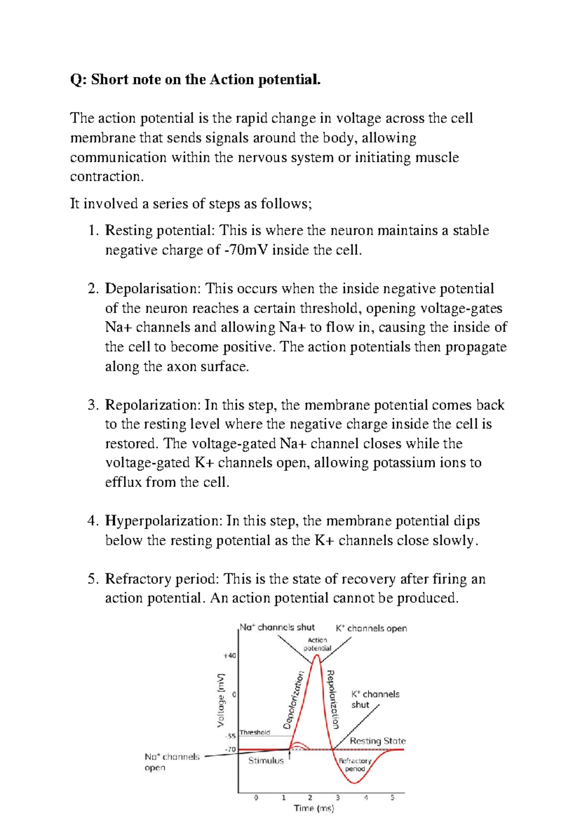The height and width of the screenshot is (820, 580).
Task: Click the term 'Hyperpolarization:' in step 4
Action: point(164,521)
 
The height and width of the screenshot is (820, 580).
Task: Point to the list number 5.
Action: point(93,579)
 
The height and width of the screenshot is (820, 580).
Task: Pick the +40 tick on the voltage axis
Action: point(230,656)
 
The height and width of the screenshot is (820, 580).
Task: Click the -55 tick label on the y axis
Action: point(231,736)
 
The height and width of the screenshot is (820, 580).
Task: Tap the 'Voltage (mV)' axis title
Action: point(221,700)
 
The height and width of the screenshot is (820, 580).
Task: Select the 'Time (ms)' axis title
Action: point(314,808)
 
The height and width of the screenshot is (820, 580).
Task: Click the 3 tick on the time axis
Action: point(338,798)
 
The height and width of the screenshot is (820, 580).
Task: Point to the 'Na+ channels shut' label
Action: point(277,628)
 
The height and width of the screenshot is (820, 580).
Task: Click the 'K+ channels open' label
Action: point(371,629)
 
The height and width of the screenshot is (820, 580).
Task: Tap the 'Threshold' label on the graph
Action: point(255,732)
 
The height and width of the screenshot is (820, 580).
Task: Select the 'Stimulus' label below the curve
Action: point(266,761)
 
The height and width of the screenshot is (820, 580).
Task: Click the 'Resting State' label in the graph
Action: point(377,741)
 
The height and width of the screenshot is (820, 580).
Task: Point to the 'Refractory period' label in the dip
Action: point(355,764)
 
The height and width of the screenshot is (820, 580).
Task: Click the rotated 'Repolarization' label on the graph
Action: point(333,699)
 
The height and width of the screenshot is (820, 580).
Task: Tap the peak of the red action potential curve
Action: point(317,656)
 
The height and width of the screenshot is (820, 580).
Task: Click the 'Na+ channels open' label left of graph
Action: point(172,762)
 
